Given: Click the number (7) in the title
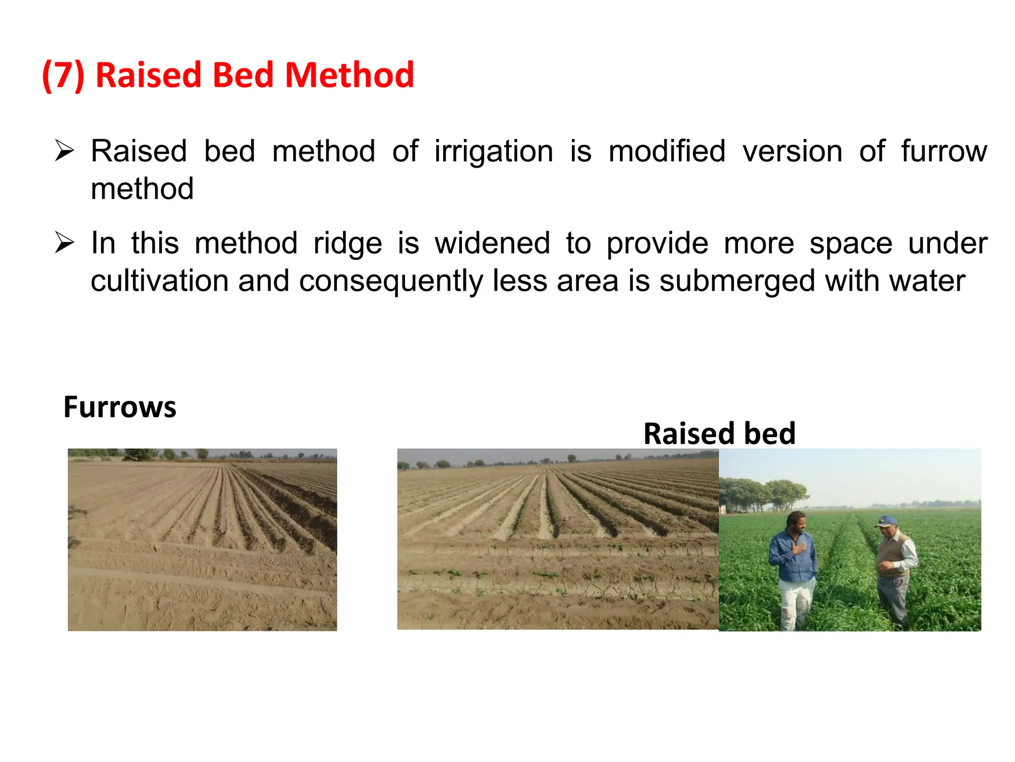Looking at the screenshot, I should [63, 75].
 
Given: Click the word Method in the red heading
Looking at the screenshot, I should [349, 75].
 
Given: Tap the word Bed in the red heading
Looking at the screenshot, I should [243, 75].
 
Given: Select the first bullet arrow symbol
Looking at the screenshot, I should [64, 151].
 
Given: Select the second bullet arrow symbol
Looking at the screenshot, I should [64, 243].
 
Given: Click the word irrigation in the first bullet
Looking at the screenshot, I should [494, 151].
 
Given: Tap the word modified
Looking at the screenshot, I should [667, 151].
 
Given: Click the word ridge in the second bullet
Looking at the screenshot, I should [348, 244].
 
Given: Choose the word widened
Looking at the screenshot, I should [492, 243].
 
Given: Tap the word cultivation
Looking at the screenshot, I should [160, 281].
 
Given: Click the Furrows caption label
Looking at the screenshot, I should [120, 407].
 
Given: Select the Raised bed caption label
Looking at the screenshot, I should [720, 434].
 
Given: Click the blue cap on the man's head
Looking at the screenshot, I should [886, 521].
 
